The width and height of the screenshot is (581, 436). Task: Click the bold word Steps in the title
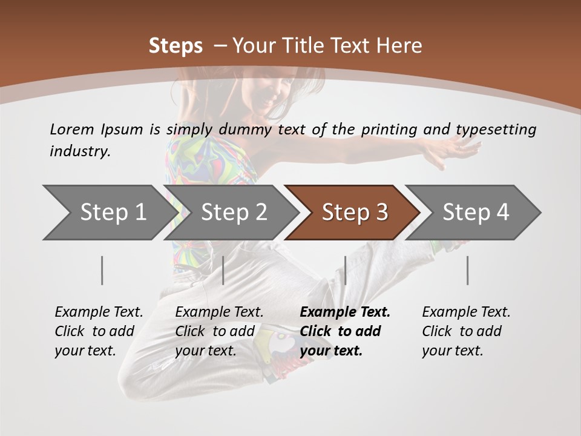tap(176, 46)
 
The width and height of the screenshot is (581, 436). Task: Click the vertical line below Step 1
tap(102, 270)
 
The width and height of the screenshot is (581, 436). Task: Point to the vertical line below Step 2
tap(223, 270)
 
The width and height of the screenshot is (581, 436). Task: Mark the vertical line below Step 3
tap(345, 270)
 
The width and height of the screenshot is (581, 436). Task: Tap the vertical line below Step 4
tap(468, 270)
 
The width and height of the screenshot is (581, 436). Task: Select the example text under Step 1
tap(99, 331)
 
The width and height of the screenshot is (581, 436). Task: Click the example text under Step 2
tap(219, 331)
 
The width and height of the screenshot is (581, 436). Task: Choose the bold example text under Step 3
tap(345, 331)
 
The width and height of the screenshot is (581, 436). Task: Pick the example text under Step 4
tap(466, 331)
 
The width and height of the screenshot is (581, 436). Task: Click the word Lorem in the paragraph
tap(72, 129)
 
